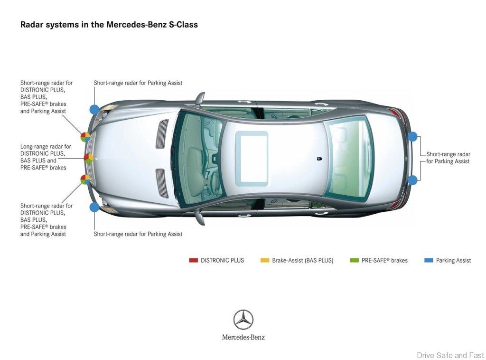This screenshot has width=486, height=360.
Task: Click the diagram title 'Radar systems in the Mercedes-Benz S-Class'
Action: pyautogui.click(x=109, y=25)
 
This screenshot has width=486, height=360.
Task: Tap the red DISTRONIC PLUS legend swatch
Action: pyautogui.click(x=194, y=260)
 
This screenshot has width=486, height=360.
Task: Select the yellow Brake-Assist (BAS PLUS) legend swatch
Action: pyautogui.click(x=265, y=260)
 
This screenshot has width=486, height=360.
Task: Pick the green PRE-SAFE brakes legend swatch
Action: pyautogui.click(x=354, y=260)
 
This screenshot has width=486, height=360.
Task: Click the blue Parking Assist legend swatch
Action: pyautogui.click(x=429, y=260)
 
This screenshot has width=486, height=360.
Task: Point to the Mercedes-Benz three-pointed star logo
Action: pyautogui.click(x=243, y=320)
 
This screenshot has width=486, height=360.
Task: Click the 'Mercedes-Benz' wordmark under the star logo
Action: pyautogui.click(x=243, y=337)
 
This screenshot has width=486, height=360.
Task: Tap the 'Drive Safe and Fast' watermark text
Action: pyautogui.click(x=450, y=355)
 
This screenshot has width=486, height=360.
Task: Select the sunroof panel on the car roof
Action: pyautogui.click(x=252, y=159)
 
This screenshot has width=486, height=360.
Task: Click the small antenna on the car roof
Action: pyautogui.click(x=319, y=159)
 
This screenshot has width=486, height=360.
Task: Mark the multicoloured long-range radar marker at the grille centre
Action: pyautogui.click(x=88, y=159)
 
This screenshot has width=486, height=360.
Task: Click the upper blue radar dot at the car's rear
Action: pyautogui.click(x=412, y=136)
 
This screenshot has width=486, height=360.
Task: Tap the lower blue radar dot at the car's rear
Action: pyautogui.click(x=412, y=180)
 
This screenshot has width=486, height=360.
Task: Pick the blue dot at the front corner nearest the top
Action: pyautogui.click(x=94, y=109)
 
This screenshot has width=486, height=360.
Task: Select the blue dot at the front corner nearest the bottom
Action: pyautogui.click(x=94, y=207)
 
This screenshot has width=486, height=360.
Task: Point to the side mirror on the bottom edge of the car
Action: pyautogui.click(x=200, y=217)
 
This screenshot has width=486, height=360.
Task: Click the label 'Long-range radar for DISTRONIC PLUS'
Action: pyautogui.click(x=46, y=150)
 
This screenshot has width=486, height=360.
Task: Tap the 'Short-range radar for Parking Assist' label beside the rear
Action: pyautogui.click(x=448, y=158)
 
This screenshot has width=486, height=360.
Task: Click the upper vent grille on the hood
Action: pyautogui.click(x=162, y=133)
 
